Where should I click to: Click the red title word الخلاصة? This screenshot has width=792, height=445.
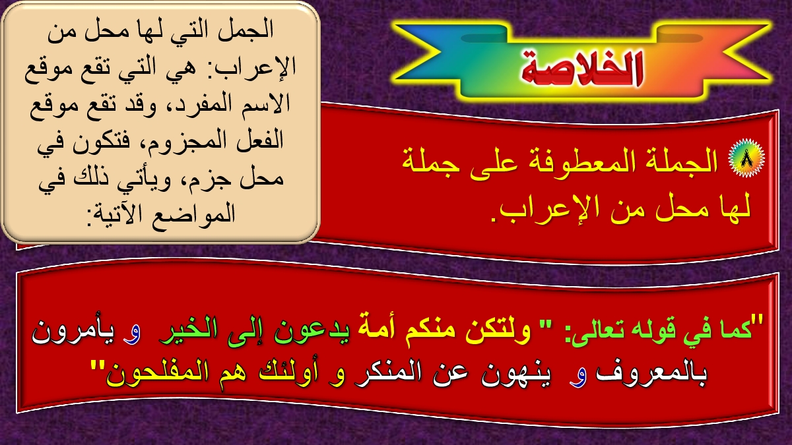(581, 68)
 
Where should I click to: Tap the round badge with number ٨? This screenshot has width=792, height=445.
(746, 158)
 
